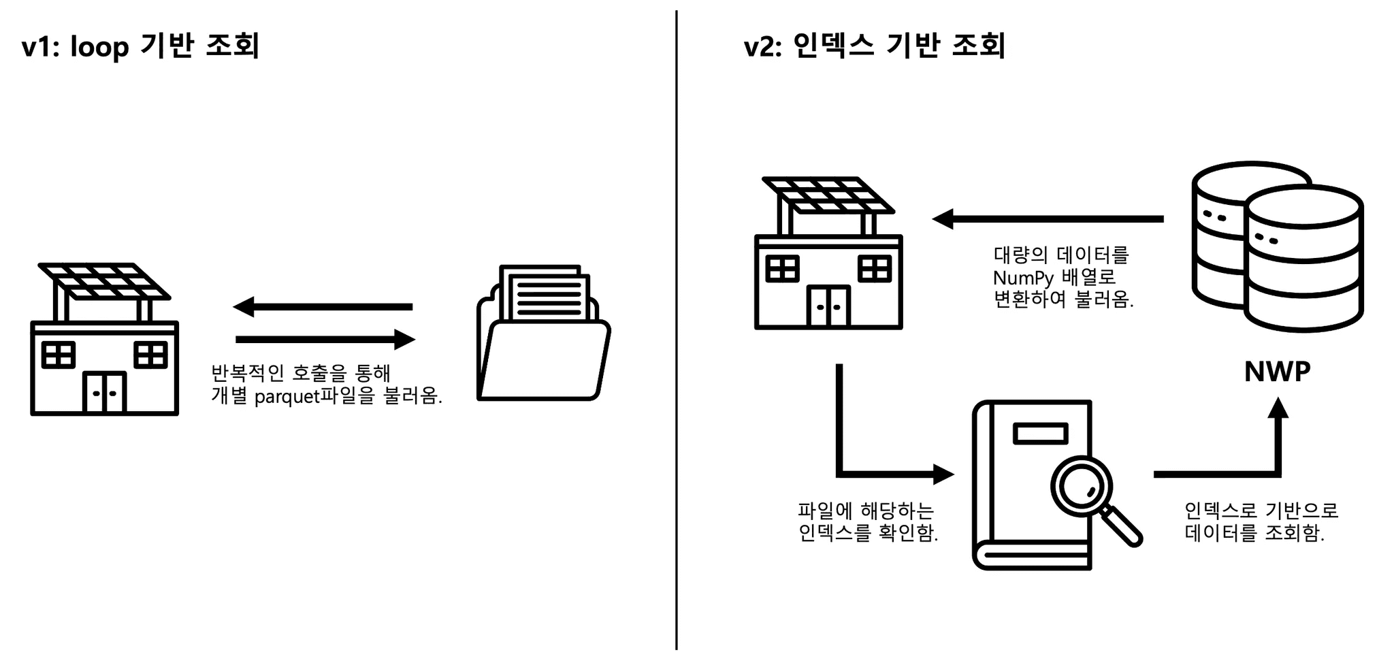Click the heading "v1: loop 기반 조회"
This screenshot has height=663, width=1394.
tap(141, 46)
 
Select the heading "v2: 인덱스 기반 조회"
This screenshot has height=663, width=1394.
tap(874, 46)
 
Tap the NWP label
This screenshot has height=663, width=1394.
tap(1277, 372)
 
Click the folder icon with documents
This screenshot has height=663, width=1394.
tap(543, 333)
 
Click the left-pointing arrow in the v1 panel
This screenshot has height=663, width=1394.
tap(323, 307)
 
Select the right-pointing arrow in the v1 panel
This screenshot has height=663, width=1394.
tap(325, 339)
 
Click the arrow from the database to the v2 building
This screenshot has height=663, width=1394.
tap(1048, 219)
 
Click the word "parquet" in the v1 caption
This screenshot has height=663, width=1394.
tap(287, 397)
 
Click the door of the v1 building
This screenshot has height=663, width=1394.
tap(104, 392)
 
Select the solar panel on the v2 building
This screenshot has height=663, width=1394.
tap(828, 195)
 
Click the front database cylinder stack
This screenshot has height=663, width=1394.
tap(1304, 259)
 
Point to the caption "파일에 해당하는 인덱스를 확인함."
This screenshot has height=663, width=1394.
tap(867, 522)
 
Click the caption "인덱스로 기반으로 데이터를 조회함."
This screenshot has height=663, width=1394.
tap(1261, 522)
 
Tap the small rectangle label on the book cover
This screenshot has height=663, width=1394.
tap(1040, 434)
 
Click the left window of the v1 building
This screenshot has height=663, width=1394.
tap(58, 355)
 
